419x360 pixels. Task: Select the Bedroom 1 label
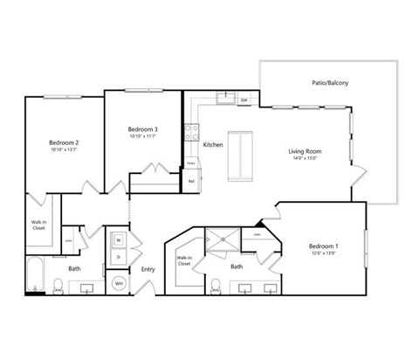pyautogui.click(x=323, y=246)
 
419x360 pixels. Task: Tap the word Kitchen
pyautogui.click(x=213, y=145)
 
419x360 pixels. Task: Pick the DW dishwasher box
pyautogui.click(x=244, y=100)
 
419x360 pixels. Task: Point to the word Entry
pyautogui.click(x=148, y=269)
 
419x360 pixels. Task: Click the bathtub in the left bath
pyautogui.click(x=35, y=275)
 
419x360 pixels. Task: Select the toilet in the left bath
pyautogui.click(x=58, y=284)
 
